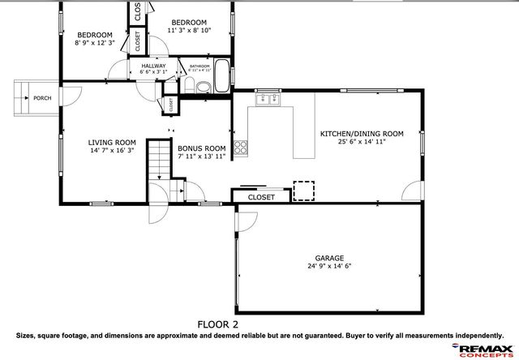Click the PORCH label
coord(42,99)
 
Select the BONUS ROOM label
coord(201,148)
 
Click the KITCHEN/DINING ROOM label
coord(362,133)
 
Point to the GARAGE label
coord(329,256)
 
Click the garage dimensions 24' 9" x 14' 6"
coord(329,265)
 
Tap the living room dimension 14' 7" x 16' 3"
coord(112,151)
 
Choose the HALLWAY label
coord(153,66)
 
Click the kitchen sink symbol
coord(268,101)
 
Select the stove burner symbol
coord(241,147)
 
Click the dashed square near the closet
coord(303,190)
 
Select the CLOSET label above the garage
coord(261,197)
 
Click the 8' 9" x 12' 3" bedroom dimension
coord(95,42)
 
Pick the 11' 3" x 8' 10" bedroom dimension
coord(189,30)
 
